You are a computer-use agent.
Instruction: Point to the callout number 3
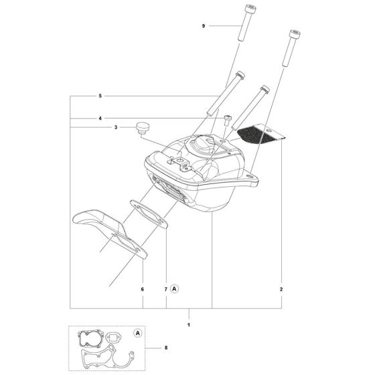116,127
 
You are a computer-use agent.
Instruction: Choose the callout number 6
143,290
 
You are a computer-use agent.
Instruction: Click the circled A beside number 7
175,290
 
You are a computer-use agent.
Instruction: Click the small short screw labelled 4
228,120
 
